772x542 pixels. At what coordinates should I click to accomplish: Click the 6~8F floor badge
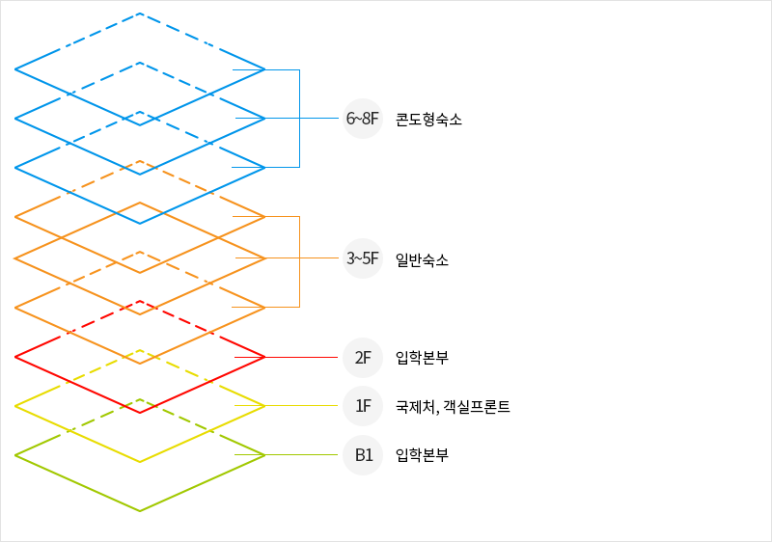tap(363, 120)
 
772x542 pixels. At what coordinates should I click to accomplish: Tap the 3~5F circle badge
tap(363, 258)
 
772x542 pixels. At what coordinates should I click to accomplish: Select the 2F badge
tap(363, 358)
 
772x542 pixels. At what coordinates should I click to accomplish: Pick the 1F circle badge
tap(363, 406)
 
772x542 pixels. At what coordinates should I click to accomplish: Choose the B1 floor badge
tap(363, 455)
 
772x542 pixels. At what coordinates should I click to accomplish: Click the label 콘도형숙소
tap(428, 120)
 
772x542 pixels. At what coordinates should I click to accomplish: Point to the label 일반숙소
tap(422, 259)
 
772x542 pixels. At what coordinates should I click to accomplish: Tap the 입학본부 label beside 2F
tap(422, 358)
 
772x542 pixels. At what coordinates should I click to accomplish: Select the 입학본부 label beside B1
tap(422, 455)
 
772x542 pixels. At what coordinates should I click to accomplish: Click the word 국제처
tap(414, 407)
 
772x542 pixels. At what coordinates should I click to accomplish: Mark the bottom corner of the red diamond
tap(140, 413)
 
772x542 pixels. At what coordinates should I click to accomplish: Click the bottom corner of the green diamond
tap(140, 511)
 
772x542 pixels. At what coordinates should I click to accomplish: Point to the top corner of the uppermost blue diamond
tap(140, 14)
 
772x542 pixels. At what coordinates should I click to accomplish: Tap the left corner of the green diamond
tap(16, 455)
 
